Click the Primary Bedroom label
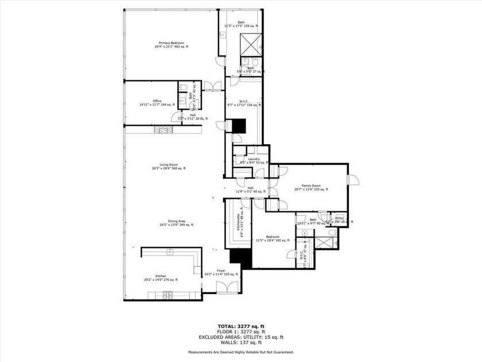[x=171, y=44]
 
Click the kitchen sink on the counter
[x=170, y=252]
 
